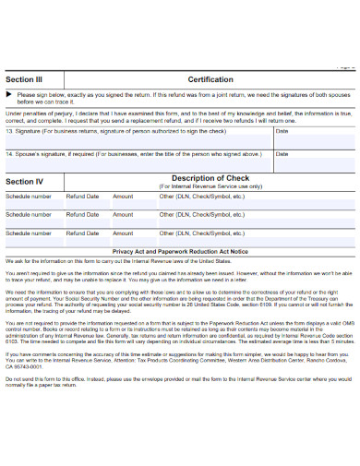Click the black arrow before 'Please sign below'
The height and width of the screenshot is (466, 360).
9,95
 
